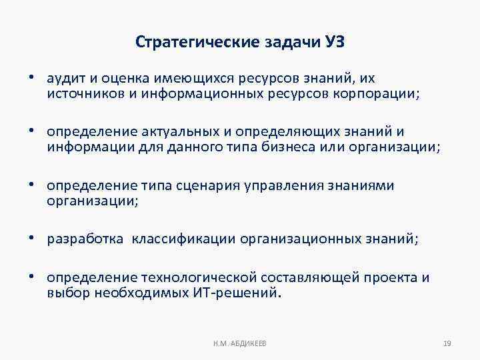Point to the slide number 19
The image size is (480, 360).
pos(447,343)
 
